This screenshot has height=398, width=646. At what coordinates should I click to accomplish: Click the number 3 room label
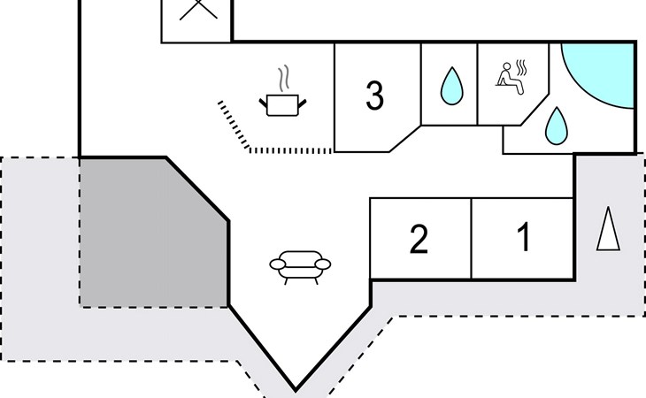(374, 96)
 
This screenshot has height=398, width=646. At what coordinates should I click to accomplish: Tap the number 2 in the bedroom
(419, 240)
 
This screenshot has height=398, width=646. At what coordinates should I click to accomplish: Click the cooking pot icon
(283, 105)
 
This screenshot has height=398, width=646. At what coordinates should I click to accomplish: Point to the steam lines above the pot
(283, 80)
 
